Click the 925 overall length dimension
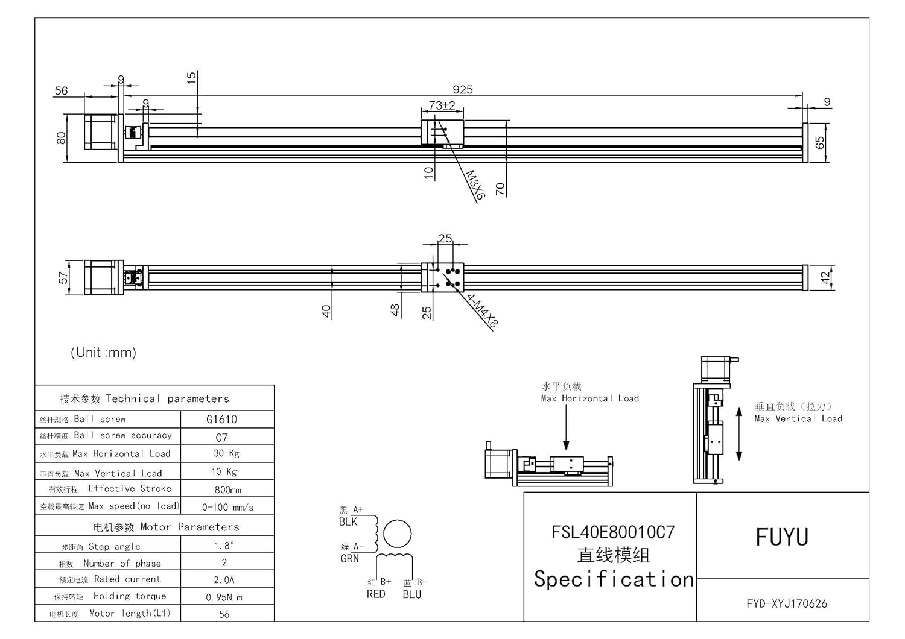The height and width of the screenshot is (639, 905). tap(463, 90)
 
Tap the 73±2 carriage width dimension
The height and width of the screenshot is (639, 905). tap(442, 105)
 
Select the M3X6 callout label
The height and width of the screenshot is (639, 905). tap(475, 185)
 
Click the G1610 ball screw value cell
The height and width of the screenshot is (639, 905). tap(221, 420)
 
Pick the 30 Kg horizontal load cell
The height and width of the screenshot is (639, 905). tap(226, 453)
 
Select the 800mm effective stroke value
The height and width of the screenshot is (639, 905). tap(227, 490)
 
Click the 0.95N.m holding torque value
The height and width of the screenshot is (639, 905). tap(224, 597)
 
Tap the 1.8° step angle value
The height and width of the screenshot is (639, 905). tap(223, 546)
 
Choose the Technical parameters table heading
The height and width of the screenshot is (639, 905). tap(144, 398)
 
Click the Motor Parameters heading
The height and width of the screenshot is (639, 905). tap(166, 527)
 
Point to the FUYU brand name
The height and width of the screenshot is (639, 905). tap(782, 537)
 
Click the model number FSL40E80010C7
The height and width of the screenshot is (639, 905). tap(613, 532)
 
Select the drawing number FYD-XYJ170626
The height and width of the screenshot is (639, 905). tap(787, 603)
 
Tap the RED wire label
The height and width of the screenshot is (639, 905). tap(376, 594)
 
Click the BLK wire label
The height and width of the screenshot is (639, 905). tap(348, 522)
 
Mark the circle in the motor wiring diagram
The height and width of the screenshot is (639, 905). tap(398, 534)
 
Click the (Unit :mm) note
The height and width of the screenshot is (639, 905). tap(103, 352)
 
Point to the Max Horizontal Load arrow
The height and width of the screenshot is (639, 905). tap(566, 428)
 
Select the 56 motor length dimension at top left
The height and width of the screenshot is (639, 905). tap(61, 91)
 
